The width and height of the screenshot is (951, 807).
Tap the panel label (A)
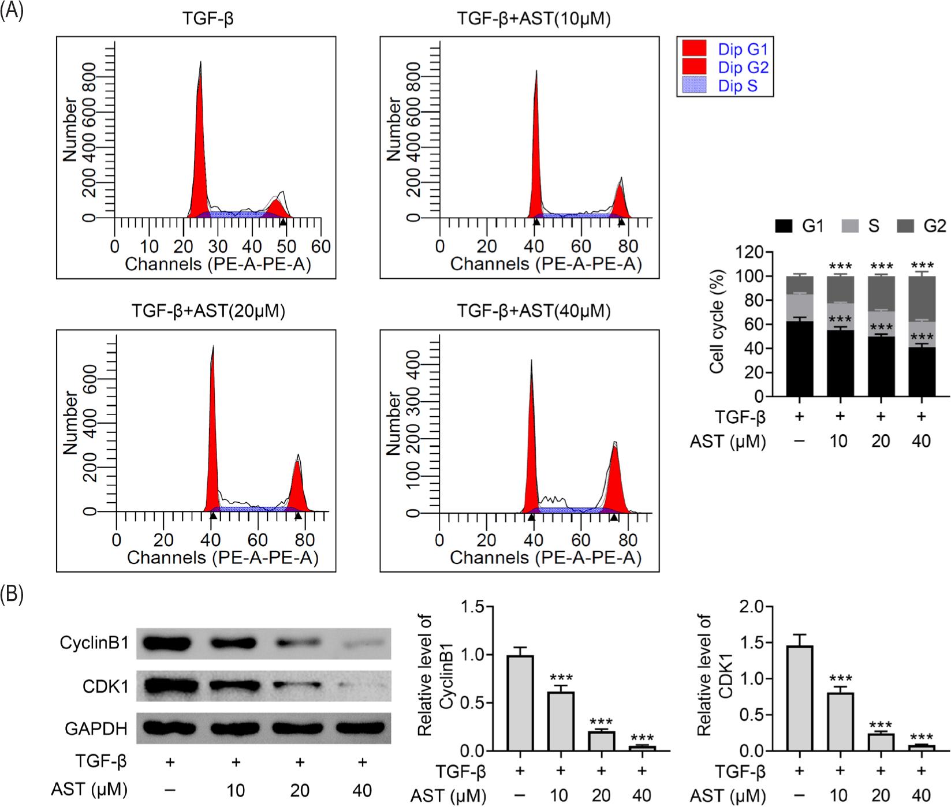[12, 11]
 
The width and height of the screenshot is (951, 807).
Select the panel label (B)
[12, 595]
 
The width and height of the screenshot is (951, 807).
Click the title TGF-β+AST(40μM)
[534, 311]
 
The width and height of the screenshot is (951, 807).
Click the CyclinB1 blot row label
[94, 642]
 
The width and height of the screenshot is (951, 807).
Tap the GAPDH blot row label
[96, 728]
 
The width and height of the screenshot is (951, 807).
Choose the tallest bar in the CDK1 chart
[799, 698]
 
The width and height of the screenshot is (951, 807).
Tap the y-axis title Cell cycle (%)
[717, 324]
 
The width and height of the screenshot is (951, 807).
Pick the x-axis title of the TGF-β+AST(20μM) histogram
[222, 558]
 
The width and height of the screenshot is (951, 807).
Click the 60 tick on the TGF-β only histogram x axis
[321, 246]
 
